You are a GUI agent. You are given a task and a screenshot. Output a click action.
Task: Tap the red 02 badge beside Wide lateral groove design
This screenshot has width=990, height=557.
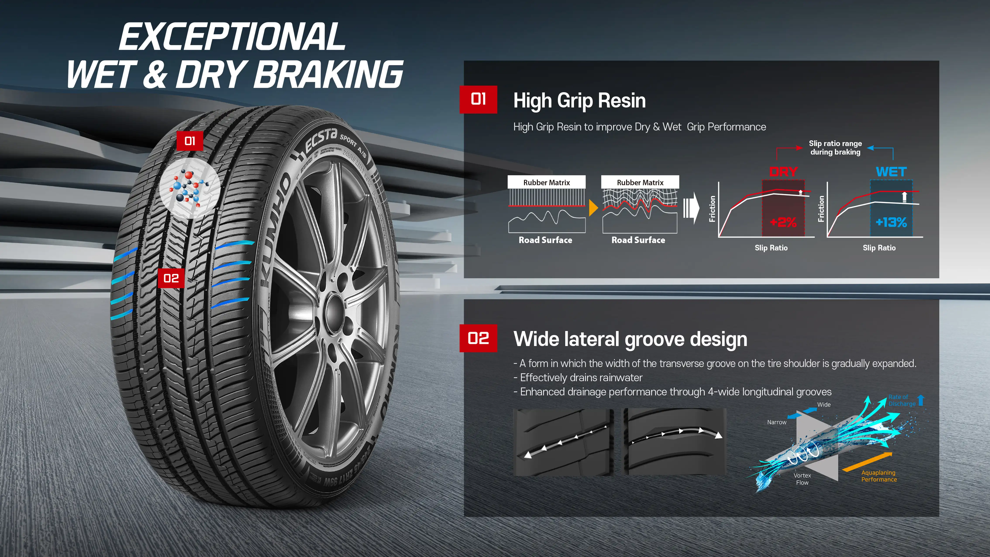point(478,338)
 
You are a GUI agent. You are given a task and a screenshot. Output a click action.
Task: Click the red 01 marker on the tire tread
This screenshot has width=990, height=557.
point(190,141)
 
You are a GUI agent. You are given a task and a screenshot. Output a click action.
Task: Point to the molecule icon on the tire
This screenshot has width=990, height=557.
point(189,188)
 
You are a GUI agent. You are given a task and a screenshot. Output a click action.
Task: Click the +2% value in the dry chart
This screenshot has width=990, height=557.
point(783,222)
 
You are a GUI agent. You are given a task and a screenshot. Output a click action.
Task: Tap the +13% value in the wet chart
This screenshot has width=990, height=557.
point(891,222)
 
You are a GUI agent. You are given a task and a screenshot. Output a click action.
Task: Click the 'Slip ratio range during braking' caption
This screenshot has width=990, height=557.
point(835,148)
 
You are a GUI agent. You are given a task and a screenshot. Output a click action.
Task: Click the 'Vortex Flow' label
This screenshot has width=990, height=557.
point(802,479)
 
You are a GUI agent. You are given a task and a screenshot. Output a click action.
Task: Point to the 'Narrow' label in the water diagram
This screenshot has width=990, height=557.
point(777,422)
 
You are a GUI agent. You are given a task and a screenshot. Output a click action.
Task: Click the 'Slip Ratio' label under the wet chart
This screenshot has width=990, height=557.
point(879,248)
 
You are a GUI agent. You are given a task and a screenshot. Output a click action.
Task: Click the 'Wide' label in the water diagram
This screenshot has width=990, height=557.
point(824,404)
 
